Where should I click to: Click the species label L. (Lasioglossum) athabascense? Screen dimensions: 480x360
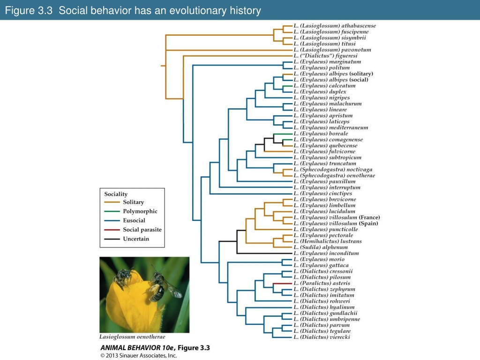click(x=335, y=26)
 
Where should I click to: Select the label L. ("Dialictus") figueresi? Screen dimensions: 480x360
click(x=325, y=56)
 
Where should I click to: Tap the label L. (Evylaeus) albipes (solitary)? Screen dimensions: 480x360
click(x=333, y=74)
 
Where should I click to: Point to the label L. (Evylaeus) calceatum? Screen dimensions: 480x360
click(x=324, y=86)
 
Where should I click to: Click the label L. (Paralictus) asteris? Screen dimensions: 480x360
click(x=322, y=283)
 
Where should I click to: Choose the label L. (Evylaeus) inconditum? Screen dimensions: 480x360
click(x=326, y=253)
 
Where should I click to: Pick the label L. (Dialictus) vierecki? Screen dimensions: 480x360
click(x=322, y=337)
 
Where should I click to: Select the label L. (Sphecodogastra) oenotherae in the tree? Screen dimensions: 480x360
click(x=334, y=175)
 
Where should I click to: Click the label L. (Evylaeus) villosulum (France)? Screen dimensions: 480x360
click(x=337, y=217)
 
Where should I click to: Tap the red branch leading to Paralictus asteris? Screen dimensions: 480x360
click(x=283, y=284)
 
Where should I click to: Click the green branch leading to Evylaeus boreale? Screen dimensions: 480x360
click(x=283, y=134)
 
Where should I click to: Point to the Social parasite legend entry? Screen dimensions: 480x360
click(x=133, y=230)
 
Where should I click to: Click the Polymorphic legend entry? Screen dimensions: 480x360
click(x=131, y=211)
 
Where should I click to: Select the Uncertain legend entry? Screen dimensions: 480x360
click(x=127, y=239)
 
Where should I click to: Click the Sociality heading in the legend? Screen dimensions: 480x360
click(x=116, y=194)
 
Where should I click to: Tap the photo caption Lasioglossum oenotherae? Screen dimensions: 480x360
click(x=132, y=337)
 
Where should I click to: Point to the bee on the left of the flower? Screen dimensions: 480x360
click(x=123, y=277)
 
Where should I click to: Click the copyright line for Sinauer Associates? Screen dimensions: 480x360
click(x=139, y=355)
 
